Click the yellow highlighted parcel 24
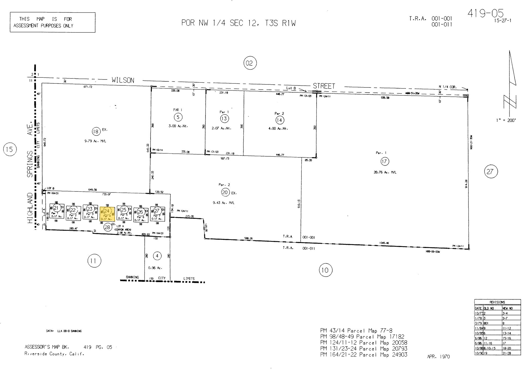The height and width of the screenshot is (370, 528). tap(107, 214)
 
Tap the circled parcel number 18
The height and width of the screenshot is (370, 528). tap(96, 132)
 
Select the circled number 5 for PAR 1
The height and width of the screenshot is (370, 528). tap(178, 117)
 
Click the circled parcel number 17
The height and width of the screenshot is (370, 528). tap(384, 162)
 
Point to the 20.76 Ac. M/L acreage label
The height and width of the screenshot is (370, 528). tap(385, 172)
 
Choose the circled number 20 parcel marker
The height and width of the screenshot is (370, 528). tap(225, 192)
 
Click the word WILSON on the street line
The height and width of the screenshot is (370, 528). tap(123, 80)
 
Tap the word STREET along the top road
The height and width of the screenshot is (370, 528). tap(324, 86)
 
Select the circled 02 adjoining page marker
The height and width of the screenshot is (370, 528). tap(250, 63)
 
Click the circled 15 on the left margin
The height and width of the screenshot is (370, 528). tap(10, 149)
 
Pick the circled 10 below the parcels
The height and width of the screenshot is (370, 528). tap(325, 270)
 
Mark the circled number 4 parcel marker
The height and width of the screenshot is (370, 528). tap(157, 256)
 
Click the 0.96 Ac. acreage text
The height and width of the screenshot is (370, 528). tap(155, 268)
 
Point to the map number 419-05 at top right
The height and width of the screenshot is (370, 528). tap(485, 13)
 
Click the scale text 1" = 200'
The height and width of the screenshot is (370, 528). tap(506, 120)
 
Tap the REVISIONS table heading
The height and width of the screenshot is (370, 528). tap(497, 302)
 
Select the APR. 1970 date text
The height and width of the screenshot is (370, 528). tap(438, 357)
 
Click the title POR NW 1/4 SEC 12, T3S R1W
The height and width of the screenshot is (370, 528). tap(238, 23)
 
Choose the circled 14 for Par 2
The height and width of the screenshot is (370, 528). tap(279, 120)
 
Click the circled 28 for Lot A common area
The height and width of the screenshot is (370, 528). tap(107, 227)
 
